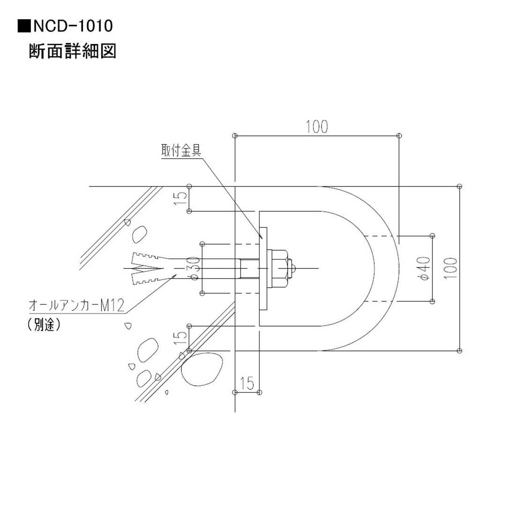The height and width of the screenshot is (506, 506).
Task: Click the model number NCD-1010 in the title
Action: click(72, 26)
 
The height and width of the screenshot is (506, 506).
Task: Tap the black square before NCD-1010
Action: click(23, 26)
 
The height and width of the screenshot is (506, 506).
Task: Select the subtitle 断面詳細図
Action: click(72, 51)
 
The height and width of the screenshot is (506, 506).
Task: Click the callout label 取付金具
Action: click(181, 151)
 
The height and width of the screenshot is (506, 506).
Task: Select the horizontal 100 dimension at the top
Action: click(317, 126)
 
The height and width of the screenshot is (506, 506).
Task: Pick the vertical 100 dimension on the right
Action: click(451, 268)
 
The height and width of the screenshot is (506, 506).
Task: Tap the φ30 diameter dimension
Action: click(195, 268)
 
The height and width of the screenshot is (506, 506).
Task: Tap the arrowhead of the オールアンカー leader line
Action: click(174, 276)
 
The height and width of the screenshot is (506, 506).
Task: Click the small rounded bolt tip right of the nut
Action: click(293, 268)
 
